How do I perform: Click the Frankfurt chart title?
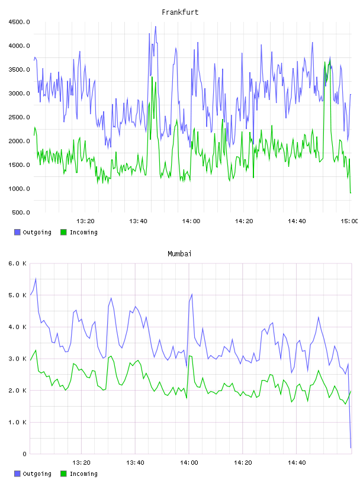click(180, 12)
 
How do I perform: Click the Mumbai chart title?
click(179, 253)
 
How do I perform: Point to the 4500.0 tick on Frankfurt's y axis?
click(19, 22)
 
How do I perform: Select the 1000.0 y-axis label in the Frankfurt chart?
click(19, 188)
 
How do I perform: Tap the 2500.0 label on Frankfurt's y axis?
click(19, 117)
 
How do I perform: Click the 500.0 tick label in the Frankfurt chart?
click(21, 212)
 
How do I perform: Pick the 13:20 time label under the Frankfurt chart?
click(85, 221)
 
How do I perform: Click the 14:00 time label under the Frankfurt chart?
click(191, 221)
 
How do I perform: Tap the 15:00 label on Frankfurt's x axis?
click(349, 221)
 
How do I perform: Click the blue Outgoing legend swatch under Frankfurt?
click(17, 232)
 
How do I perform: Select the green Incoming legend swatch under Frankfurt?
click(63, 232)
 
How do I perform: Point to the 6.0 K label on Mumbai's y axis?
click(17, 263)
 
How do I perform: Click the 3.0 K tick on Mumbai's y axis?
click(17, 359)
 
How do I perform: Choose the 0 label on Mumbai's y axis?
click(24, 454)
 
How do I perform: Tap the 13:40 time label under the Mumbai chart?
click(136, 462)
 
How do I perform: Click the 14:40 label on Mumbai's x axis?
click(297, 462)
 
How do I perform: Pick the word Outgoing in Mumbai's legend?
click(37, 474)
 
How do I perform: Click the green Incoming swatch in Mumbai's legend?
click(63, 474)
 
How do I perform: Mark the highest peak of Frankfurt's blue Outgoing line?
click(156, 27)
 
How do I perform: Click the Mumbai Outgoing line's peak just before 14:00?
click(192, 294)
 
